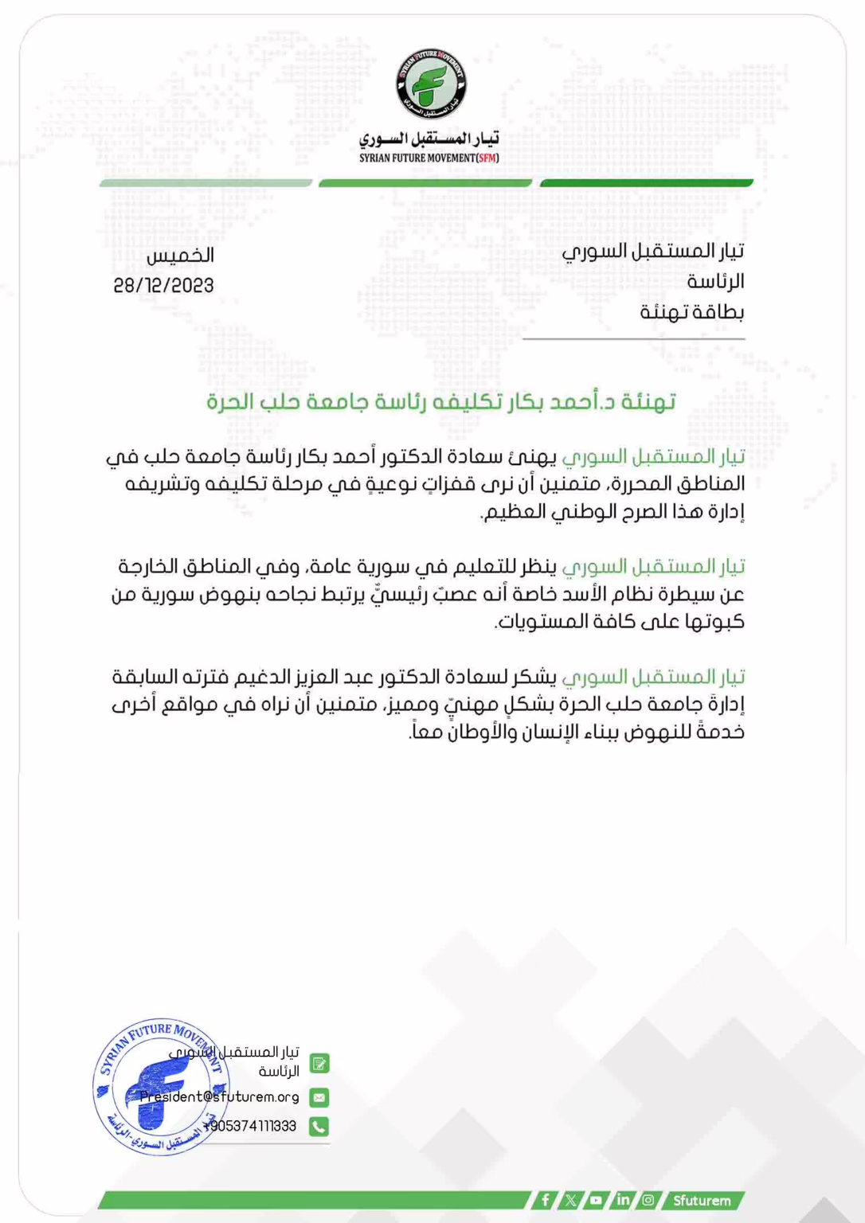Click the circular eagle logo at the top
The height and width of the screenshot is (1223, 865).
432,84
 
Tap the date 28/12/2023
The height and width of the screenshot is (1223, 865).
164,286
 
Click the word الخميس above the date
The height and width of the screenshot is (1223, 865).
181,256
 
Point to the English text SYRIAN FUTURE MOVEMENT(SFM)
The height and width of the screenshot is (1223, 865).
429,158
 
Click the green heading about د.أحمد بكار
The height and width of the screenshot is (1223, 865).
440,401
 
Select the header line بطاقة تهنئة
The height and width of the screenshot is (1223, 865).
692,312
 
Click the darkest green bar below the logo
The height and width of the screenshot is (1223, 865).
646,183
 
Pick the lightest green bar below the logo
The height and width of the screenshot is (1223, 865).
205,183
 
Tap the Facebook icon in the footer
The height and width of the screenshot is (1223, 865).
545,1200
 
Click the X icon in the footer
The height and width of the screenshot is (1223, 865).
570,1200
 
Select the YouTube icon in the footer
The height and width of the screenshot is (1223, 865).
596,1200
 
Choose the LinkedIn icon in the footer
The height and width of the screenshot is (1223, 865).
622,1200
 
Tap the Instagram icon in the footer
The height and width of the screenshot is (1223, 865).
648,1200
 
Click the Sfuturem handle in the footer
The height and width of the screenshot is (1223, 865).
702,1200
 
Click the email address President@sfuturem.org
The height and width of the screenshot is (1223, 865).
219,1097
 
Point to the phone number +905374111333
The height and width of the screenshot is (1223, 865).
250,1126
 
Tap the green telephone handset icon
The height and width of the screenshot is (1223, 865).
319,1126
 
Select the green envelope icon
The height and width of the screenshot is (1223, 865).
319,1097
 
